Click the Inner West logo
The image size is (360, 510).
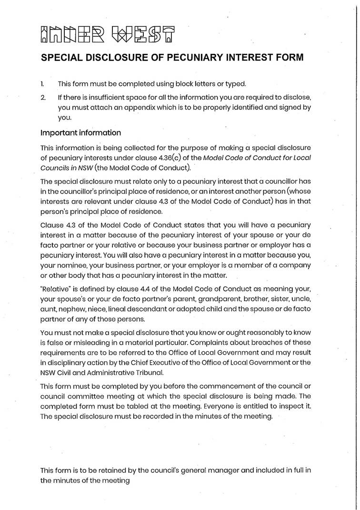[108, 33]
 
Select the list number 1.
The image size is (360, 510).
[42, 84]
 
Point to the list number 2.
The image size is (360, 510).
[43, 97]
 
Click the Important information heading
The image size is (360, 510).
[80, 133]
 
